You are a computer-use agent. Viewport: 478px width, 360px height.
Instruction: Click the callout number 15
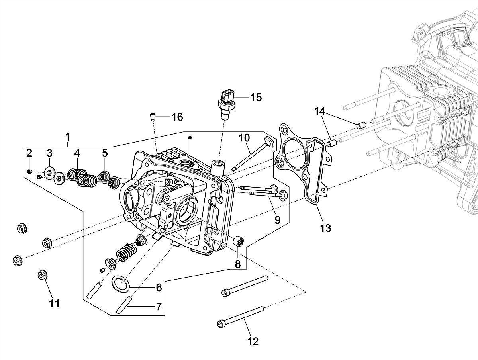pyautogui.click(x=256, y=97)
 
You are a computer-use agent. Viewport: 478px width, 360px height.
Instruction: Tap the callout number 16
pyautogui.click(x=178, y=117)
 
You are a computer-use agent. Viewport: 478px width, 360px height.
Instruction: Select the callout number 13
pyautogui.click(x=325, y=228)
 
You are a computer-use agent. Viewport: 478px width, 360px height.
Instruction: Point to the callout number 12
pyautogui.click(x=253, y=342)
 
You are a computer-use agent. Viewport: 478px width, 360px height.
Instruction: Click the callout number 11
pyautogui.click(x=54, y=303)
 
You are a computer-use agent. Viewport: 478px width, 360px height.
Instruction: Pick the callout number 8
pyautogui.click(x=237, y=264)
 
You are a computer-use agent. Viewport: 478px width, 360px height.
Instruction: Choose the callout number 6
pyautogui.click(x=159, y=288)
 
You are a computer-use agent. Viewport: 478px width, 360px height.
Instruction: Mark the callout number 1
pyautogui.click(x=68, y=137)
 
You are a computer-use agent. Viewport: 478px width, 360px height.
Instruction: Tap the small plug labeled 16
pyautogui.click(x=153, y=117)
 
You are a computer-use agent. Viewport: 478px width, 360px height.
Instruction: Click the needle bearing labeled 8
pyautogui.click(x=239, y=241)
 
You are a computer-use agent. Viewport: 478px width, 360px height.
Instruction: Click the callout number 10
pyautogui.click(x=244, y=138)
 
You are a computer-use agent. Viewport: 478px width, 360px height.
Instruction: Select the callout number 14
pyautogui.click(x=319, y=112)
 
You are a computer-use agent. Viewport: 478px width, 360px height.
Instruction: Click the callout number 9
pyautogui.click(x=277, y=220)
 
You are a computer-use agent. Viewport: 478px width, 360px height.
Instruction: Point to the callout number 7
pyautogui.click(x=159, y=307)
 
